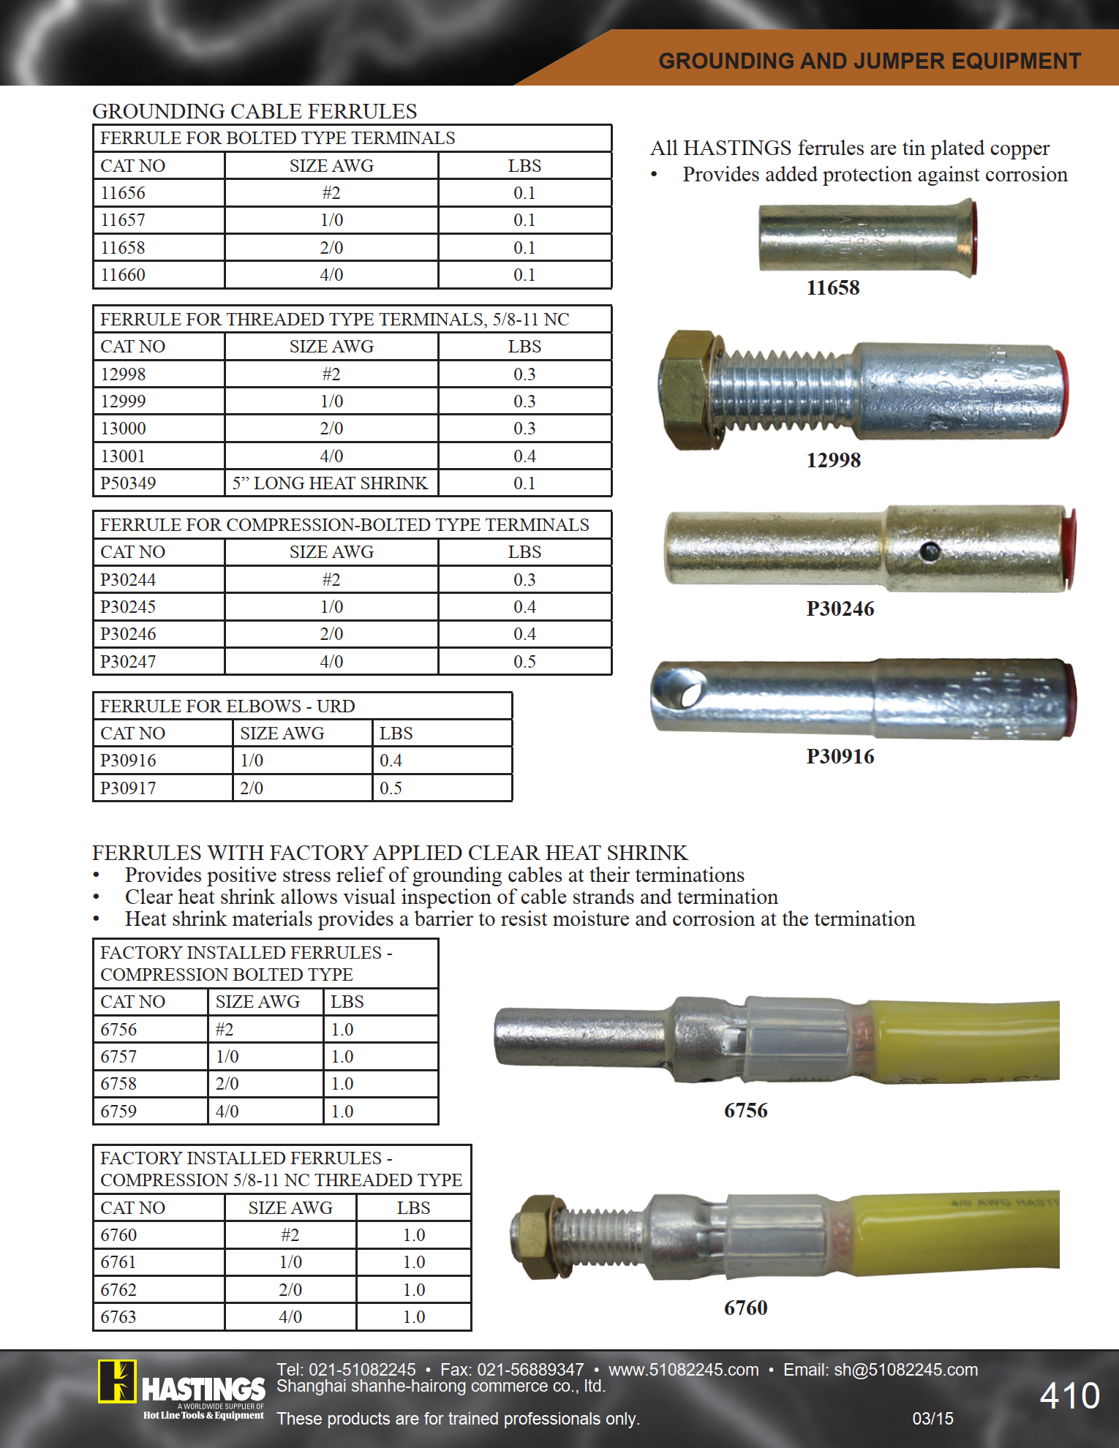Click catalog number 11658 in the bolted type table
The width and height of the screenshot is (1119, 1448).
(x=123, y=248)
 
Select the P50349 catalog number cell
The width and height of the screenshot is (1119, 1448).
(x=128, y=483)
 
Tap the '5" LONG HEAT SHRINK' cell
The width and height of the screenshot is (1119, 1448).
(x=330, y=483)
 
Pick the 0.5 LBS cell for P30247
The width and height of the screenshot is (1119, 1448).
(x=524, y=662)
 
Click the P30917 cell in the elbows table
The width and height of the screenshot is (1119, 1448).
(x=128, y=788)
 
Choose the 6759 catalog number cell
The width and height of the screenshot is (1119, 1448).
(x=118, y=1112)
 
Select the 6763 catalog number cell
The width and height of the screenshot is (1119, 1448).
(x=118, y=1317)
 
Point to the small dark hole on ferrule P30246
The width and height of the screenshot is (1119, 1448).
(x=930, y=551)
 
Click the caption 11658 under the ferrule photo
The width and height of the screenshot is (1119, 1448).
(x=833, y=288)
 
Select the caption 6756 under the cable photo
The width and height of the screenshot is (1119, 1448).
(x=746, y=1111)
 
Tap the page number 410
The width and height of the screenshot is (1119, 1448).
(x=1069, y=1396)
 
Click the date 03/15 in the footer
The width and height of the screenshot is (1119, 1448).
(x=932, y=1419)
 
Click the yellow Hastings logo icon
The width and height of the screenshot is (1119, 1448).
(x=117, y=1381)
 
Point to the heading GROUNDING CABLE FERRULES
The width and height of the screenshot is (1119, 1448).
(x=255, y=111)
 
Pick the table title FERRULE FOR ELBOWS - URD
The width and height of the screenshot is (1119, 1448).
(x=227, y=706)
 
